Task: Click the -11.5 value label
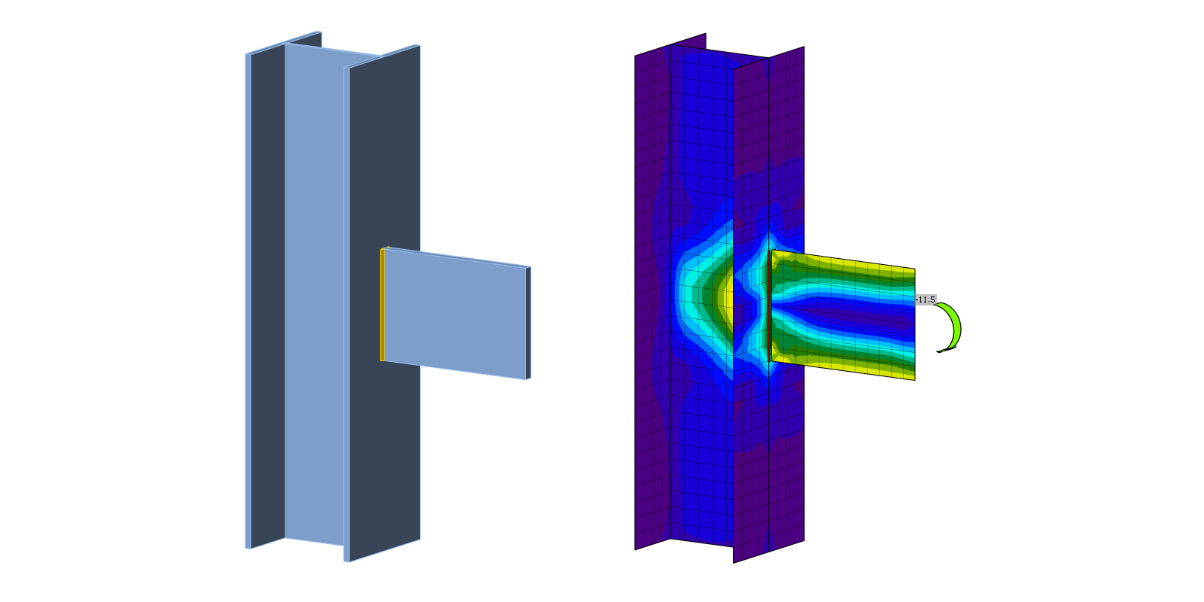(x=926, y=299)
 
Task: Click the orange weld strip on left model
(x=382, y=305)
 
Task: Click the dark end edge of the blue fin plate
(x=528, y=323)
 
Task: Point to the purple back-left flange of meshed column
(x=652, y=301)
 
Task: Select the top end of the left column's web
(x=331, y=51)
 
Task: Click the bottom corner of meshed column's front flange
(x=734, y=561)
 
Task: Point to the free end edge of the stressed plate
(x=915, y=324)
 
